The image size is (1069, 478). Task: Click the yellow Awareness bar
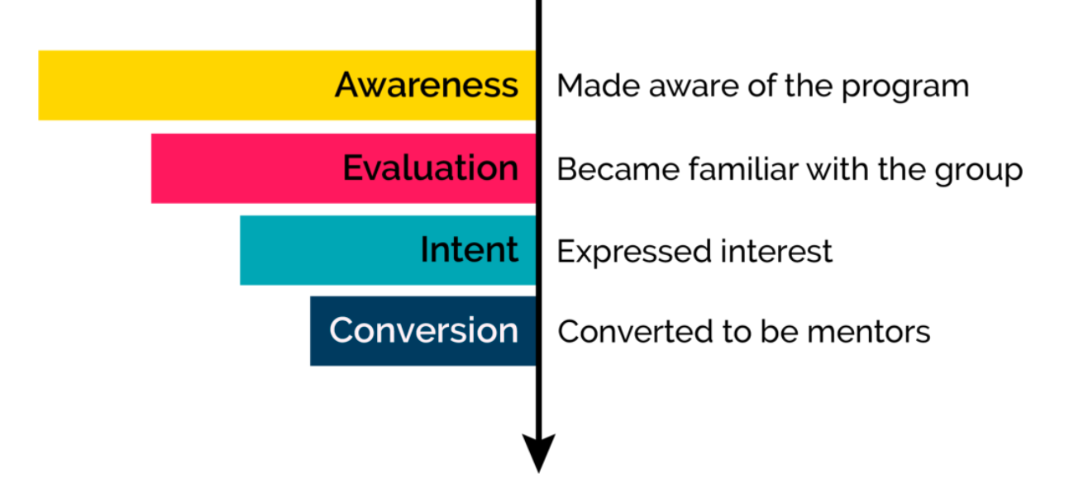287,85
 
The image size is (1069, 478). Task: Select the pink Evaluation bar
344,168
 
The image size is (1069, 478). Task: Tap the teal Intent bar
388,250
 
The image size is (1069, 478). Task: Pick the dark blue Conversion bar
422,331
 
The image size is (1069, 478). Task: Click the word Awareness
427,85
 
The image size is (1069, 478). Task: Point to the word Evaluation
431,168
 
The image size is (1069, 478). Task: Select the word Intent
470,249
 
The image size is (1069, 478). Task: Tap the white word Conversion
424,329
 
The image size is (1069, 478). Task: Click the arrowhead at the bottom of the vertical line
539,452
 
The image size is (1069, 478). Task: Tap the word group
979,171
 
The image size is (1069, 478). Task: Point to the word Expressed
634,252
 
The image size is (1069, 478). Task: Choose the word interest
776,251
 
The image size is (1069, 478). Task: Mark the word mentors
869,332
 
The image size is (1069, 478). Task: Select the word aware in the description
694,88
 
